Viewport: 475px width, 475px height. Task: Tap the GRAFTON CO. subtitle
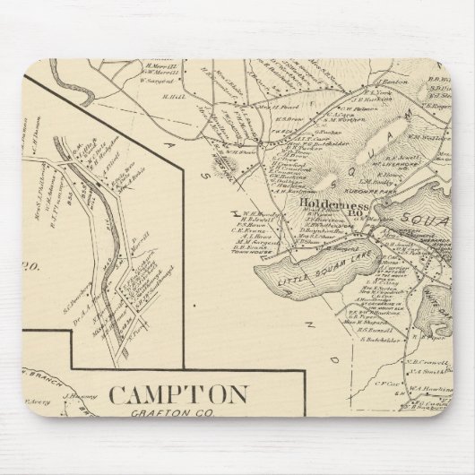pyautogui.click(x=179, y=413)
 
